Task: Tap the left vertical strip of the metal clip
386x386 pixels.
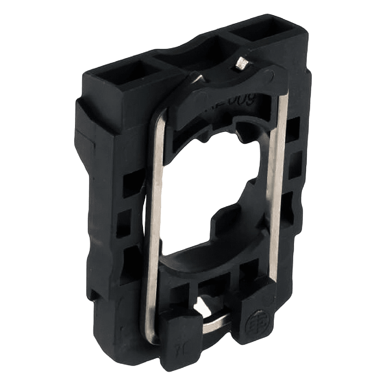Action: (x=153, y=226)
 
